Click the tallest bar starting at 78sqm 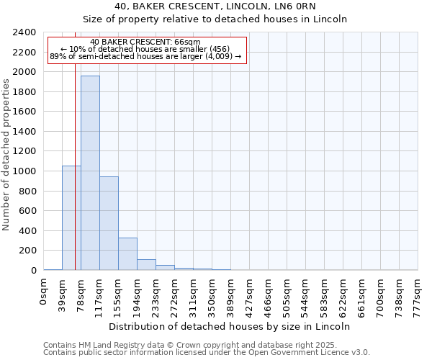point(90,173)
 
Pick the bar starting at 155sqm point(127,253)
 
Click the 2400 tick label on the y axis point(24,32)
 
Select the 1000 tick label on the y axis point(24,171)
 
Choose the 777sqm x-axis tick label point(418,294)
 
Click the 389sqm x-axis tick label point(230,294)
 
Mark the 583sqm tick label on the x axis point(324,294)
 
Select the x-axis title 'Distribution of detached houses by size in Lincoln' point(230,326)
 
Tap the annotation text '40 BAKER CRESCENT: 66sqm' point(145,42)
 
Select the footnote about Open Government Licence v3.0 point(207,353)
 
